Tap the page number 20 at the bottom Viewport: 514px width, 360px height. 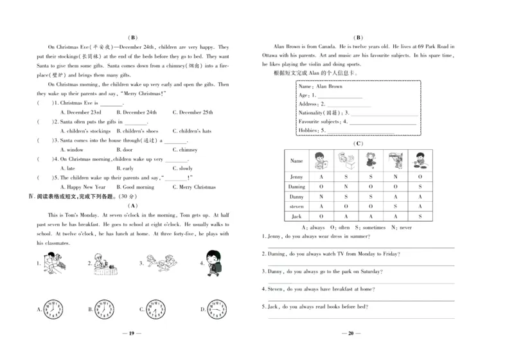pos(351,334)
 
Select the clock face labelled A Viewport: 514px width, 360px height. pos(53,309)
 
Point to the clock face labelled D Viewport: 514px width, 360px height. pos(217,309)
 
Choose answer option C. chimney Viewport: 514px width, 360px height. pos(184,150)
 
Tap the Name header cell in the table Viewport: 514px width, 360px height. pos(297,161)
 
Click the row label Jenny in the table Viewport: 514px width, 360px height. pos(297,176)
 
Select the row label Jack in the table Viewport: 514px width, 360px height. pos(297,217)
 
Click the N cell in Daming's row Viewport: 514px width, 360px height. pos(346,186)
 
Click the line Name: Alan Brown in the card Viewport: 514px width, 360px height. pos(321,86)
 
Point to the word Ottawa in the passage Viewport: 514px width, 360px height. pos(273,55)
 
